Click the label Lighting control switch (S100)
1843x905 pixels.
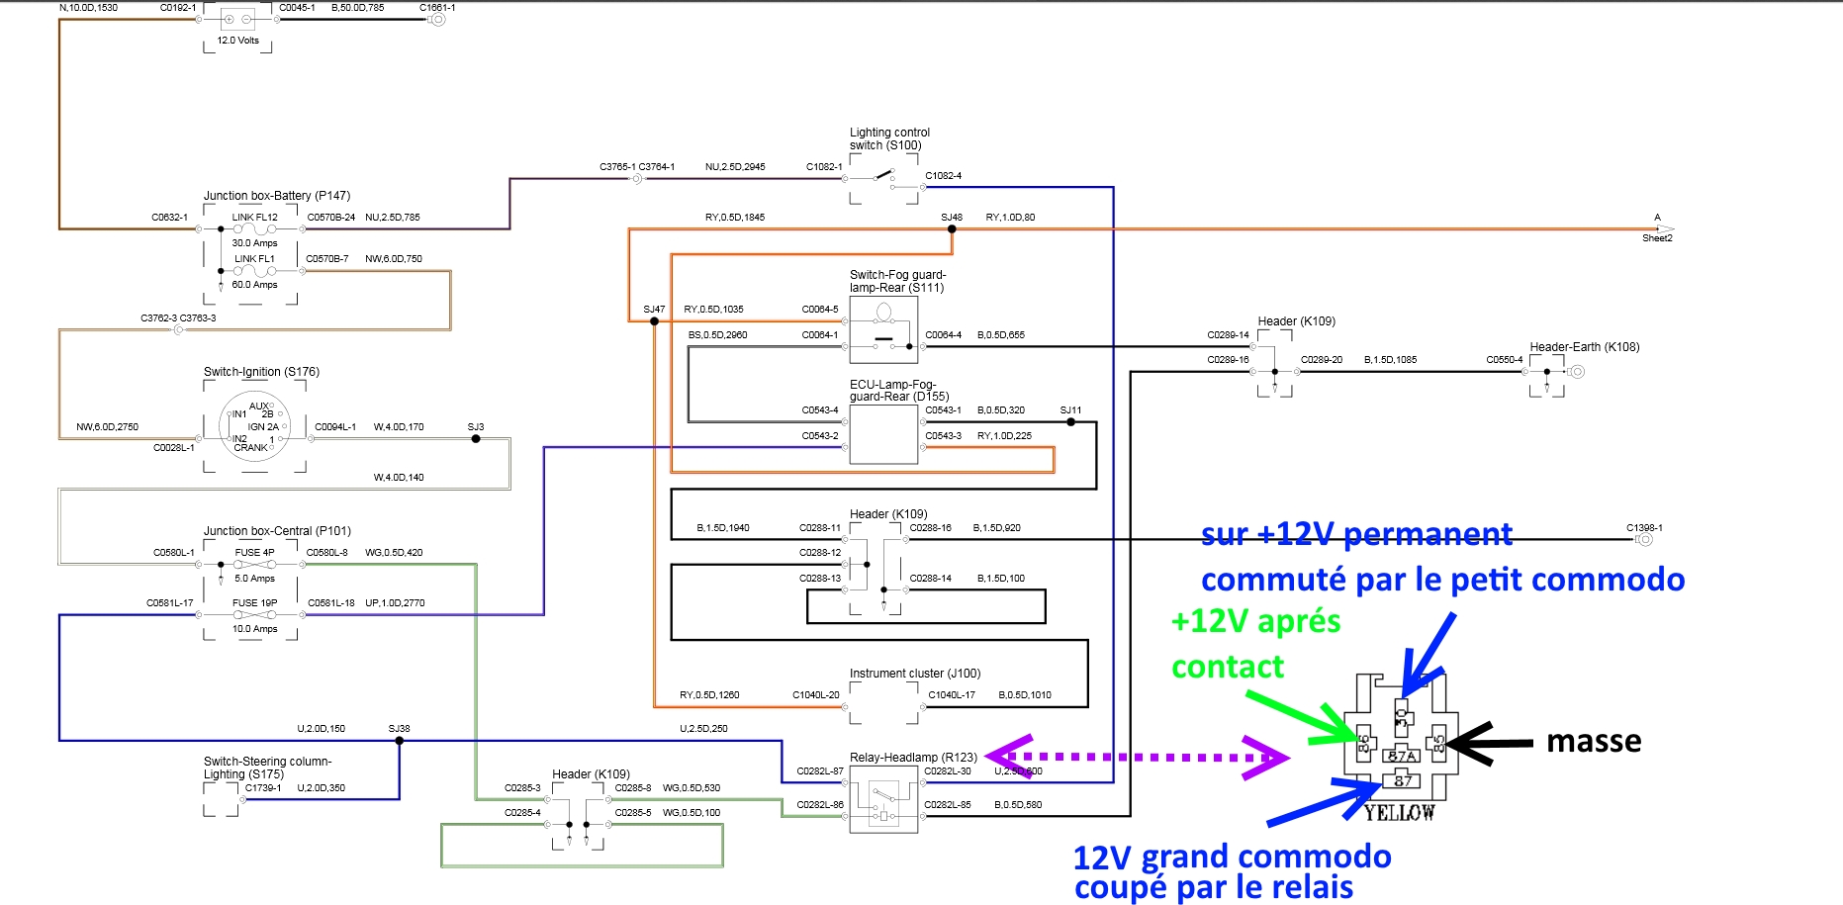tap(889, 138)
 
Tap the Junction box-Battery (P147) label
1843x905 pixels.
tap(277, 196)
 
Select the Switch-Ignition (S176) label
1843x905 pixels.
tap(261, 372)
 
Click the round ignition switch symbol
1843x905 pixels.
tap(254, 426)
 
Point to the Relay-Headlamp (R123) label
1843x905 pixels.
tap(913, 758)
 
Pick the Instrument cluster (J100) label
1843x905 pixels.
tap(915, 674)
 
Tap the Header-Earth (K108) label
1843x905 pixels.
tap(1584, 347)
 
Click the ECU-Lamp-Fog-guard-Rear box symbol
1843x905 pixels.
tap(883, 433)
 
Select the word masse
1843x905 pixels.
tap(1594, 741)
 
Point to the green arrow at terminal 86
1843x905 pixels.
tap(1300, 717)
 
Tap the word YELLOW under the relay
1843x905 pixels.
tap(1399, 813)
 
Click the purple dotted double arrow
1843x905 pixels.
tap(1137, 758)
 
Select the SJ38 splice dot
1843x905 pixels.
tap(400, 740)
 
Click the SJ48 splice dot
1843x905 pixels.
tap(952, 228)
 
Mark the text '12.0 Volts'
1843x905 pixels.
tap(238, 41)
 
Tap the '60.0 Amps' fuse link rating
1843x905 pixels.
tap(254, 285)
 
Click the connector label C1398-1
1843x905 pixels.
tap(1644, 527)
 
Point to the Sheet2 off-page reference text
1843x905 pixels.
tap(1657, 238)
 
